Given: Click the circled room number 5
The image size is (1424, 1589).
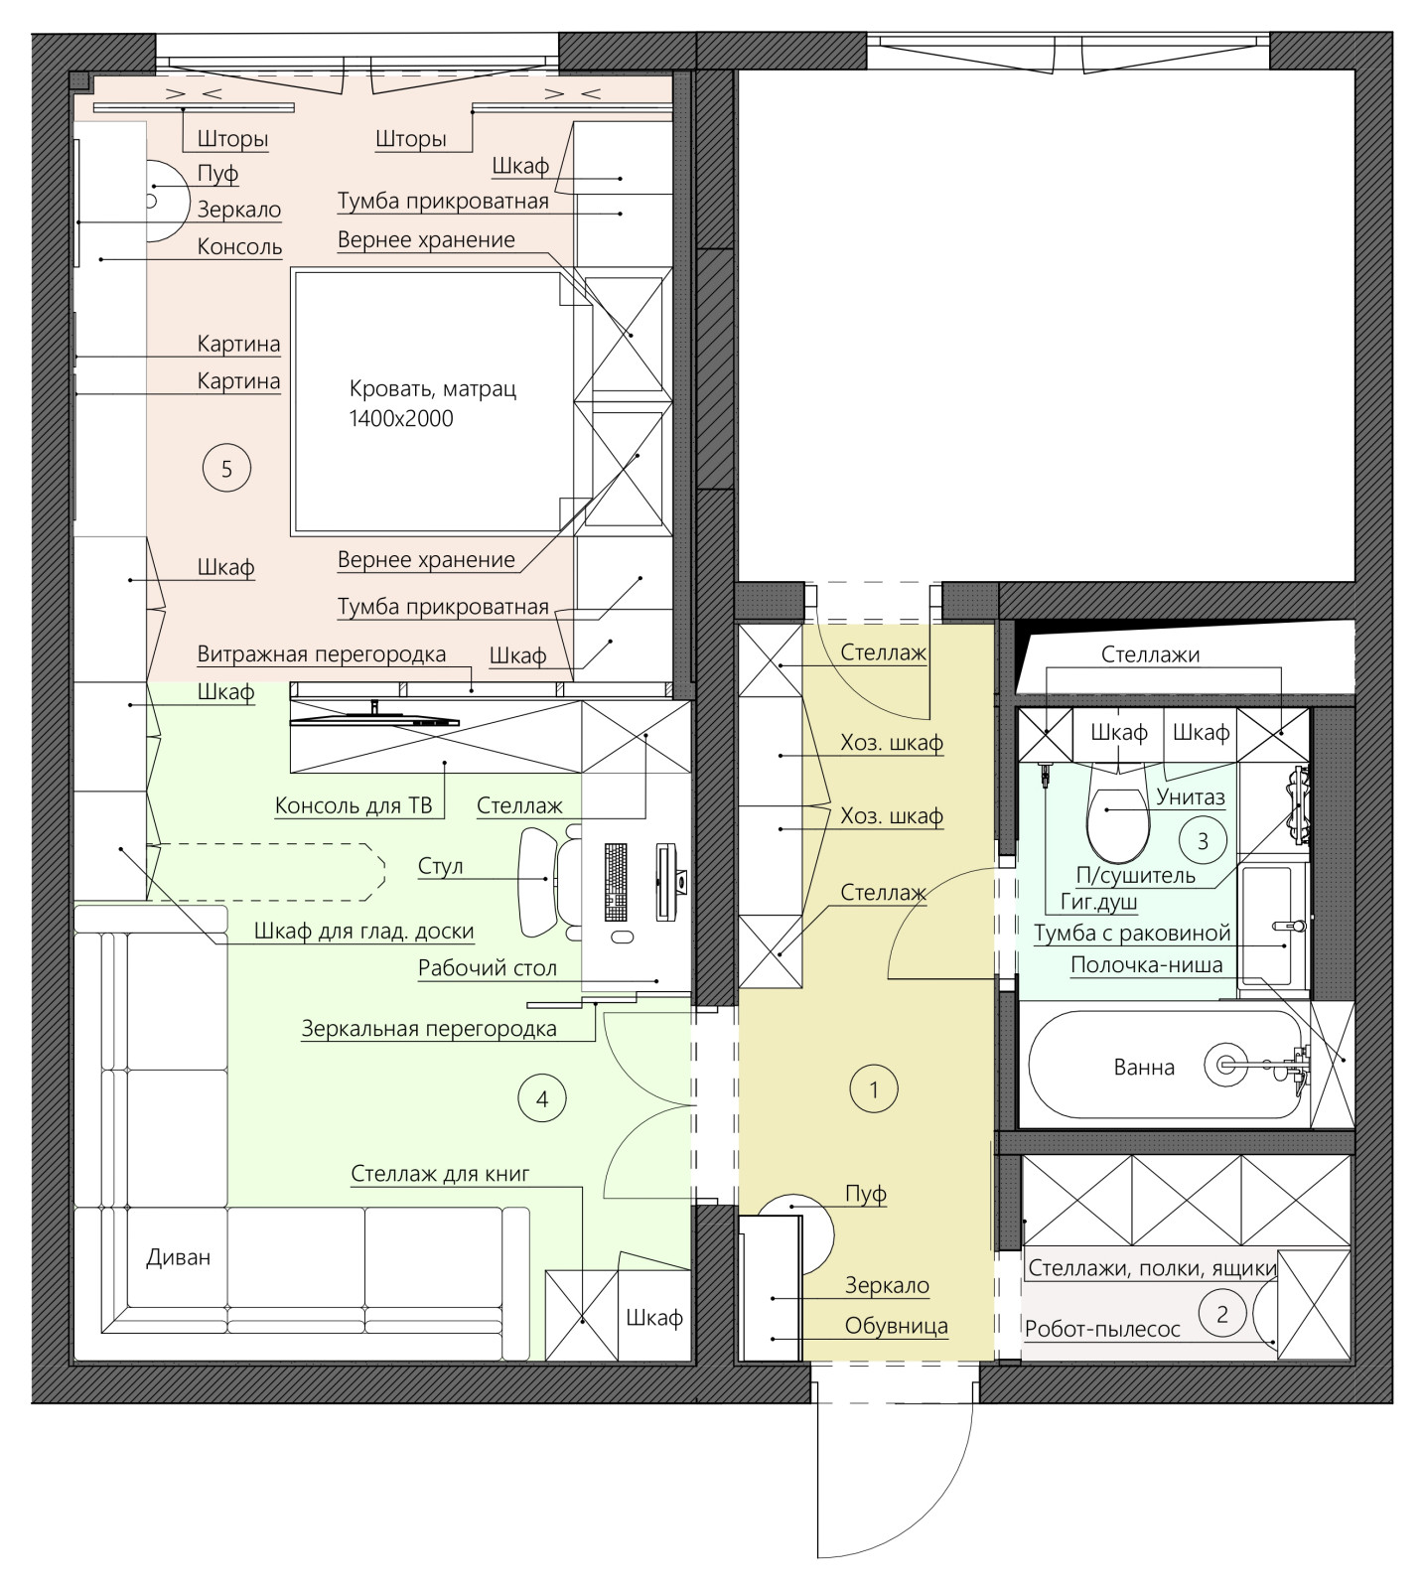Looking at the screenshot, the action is (x=226, y=468).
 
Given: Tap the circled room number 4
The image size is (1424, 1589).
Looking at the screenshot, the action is (x=542, y=1098).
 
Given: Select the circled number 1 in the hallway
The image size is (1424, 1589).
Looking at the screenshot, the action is (x=874, y=1089).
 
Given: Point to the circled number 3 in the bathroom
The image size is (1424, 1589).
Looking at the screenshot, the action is (x=1204, y=841).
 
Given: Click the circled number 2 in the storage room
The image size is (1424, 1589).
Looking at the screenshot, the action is (x=1222, y=1314).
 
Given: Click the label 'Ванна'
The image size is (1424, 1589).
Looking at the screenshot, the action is (x=1144, y=1068).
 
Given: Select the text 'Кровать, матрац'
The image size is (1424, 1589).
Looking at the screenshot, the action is (x=433, y=389).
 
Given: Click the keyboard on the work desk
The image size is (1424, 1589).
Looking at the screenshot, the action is (x=616, y=882).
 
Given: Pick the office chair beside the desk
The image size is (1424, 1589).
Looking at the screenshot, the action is (x=551, y=880).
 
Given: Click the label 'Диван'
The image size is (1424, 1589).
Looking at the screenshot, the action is (x=179, y=1257).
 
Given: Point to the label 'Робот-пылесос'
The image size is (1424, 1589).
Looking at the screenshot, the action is (x=1102, y=1329).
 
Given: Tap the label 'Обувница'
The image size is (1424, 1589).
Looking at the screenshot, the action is (x=897, y=1326).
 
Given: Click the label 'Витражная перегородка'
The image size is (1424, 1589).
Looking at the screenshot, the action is (x=322, y=654).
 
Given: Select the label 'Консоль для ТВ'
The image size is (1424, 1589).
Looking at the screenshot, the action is (x=354, y=805).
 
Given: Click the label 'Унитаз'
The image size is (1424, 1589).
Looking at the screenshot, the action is (x=1191, y=796).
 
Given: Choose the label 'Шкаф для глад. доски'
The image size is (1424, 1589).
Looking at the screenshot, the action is (x=364, y=932).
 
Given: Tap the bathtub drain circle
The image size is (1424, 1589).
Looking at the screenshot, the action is (x=1225, y=1064).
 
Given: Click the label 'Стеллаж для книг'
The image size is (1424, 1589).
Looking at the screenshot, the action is (x=440, y=1173).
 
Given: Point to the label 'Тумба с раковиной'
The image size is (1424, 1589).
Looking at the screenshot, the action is (x=1132, y=934).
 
